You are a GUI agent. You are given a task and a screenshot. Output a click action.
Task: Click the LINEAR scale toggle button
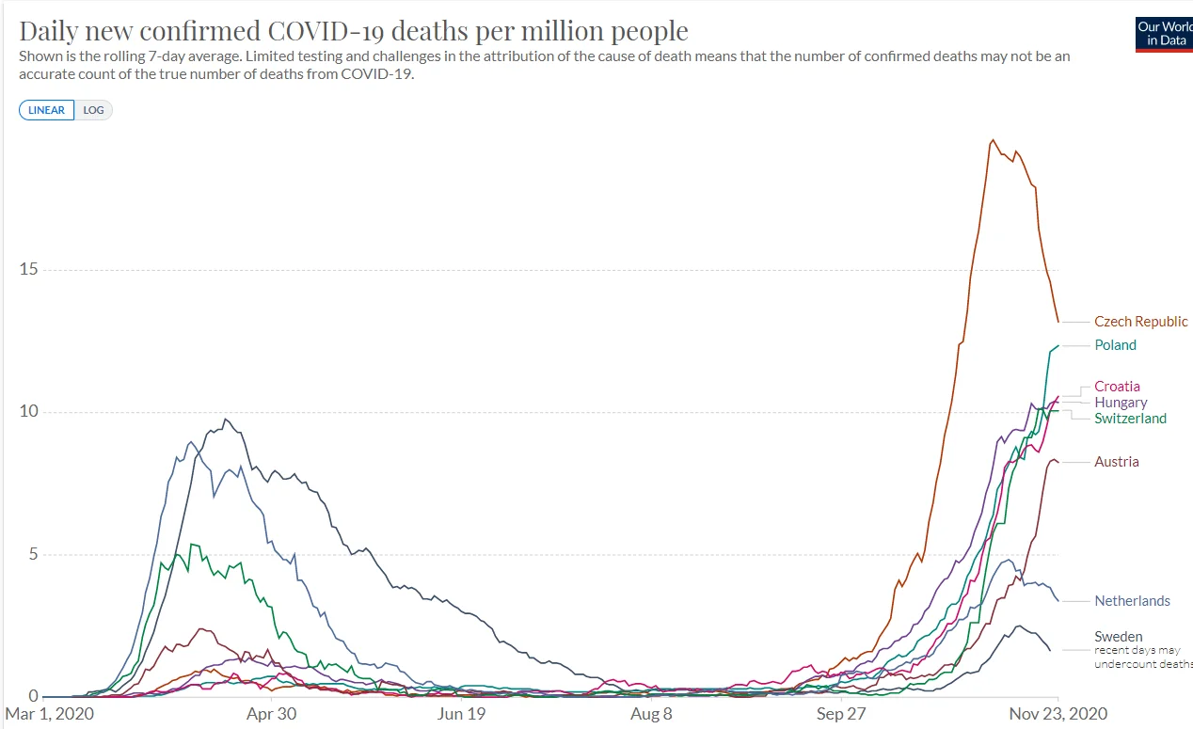tap(46, 110)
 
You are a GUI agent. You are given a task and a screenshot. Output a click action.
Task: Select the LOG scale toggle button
tap(93, 110)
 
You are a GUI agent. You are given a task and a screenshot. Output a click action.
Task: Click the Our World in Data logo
tap(1164, 33)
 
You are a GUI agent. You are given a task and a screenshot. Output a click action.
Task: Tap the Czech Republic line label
tap(1140, 322)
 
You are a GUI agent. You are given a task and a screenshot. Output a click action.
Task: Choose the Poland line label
tap(1115, 345)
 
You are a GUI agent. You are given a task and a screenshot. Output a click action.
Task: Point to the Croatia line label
tap(1117, 387)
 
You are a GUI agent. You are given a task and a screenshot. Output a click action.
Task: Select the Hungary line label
tap(1121, 403)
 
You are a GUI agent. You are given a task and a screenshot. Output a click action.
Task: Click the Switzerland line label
tap(1130, 419)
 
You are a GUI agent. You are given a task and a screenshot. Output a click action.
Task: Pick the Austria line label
tap(1116, 462)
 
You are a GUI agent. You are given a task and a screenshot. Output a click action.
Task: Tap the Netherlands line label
tap(1132, 601)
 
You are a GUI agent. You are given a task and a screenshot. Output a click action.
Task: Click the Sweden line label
tap(1118, 637)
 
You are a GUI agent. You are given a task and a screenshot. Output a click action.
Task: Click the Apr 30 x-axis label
tap(271, 714)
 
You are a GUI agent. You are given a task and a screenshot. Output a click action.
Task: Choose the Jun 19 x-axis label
tap(462, 714)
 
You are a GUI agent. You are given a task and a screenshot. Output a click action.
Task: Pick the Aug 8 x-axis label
tap(652, 714)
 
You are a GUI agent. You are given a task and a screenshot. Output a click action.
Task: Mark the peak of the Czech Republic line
tap(994, 140)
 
